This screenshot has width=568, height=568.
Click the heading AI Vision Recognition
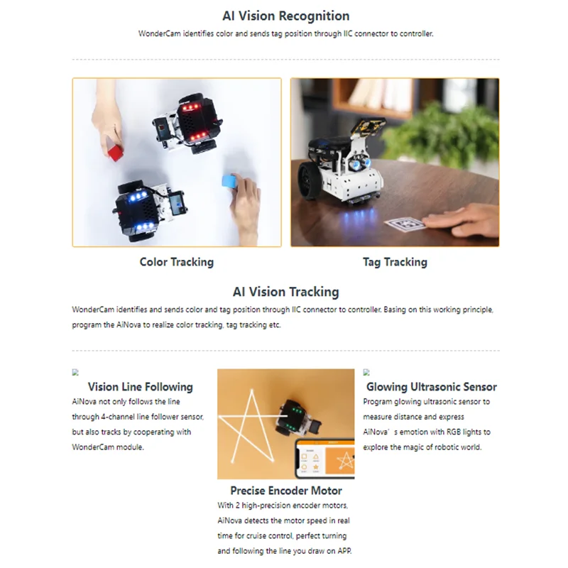285,16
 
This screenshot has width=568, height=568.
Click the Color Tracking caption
176,262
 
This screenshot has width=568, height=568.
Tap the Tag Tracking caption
395,262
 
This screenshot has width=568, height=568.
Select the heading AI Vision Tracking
285,292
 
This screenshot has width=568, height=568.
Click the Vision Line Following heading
140,387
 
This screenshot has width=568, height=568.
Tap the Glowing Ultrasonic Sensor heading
431,387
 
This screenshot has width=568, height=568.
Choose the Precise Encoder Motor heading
285,491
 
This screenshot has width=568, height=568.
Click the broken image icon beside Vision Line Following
75,372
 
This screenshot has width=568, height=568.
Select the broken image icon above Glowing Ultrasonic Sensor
366,372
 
